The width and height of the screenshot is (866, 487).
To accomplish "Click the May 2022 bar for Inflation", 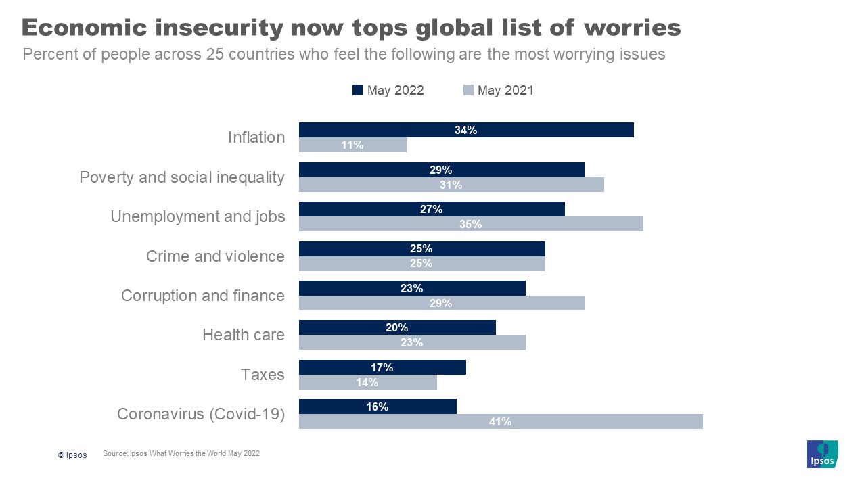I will click(x=466, y=130).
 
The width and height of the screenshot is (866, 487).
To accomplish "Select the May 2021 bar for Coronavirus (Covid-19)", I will click(x=501, y=421).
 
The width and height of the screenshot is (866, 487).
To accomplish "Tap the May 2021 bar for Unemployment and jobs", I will click(x=471, y=224).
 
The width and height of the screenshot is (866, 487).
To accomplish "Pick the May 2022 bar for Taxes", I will click(x=382, y=367).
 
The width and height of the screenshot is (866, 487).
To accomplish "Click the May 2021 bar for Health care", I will click(x=412, y=342).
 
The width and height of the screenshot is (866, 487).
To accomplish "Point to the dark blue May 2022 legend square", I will click(x=358, y=90).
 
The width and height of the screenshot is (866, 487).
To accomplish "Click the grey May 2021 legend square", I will click(x=468, y=90).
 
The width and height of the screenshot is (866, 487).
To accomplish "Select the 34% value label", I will click(x=465, y=130).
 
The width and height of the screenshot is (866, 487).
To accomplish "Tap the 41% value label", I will click(x=500, y=421).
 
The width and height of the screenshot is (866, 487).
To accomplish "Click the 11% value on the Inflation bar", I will click(x=352, y=145).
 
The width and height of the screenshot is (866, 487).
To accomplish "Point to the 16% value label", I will click(x=378, y=407).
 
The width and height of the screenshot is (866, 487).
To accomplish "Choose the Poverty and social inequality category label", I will click(x=182, y=177).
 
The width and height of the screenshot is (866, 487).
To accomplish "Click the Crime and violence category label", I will click(x=215, y=256).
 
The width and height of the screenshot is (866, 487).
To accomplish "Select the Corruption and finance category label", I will click(x=203, y=296).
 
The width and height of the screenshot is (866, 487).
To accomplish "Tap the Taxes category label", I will click(x=263, y=375).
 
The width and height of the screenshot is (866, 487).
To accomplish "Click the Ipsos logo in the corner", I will click(x=822, y=454).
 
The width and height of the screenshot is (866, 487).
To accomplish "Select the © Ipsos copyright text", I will click(x=72, y=455).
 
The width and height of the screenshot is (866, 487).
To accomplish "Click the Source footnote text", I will click(x=181, y=454).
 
